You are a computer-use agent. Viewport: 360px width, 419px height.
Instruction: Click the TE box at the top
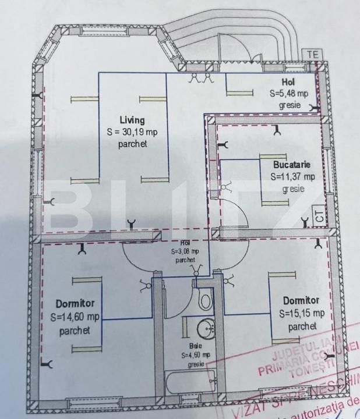point(313,54)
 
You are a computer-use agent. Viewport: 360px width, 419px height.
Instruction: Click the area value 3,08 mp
point(185,251)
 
